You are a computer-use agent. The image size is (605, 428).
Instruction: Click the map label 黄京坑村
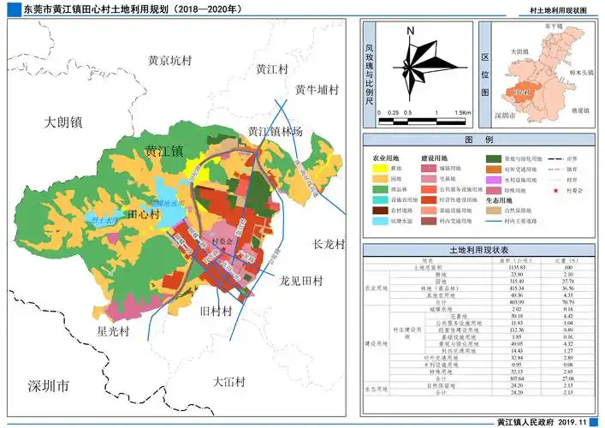(x=171, y=61)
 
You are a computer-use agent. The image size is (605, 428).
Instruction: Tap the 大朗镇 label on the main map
(x=62, y=122)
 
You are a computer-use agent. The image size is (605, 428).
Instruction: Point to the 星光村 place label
(x=113, y=331)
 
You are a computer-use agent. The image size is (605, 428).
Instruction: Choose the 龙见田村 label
(x=301, y=281)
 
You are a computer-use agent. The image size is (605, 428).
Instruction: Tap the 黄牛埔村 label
(x=317, y=89)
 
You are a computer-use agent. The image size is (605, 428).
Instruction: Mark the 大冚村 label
(x=229, y=381)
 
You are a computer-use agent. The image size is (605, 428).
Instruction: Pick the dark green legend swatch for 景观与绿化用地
(x=494, y=158)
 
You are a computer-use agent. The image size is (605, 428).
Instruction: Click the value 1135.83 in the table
(x=516, y=268)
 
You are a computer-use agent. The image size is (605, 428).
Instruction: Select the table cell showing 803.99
(x=516, y=301)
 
